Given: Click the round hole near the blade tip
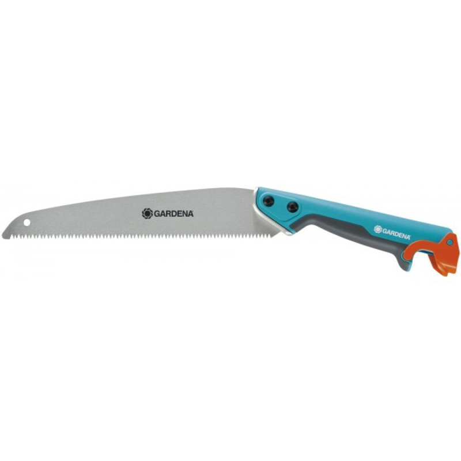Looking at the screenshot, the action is point(27,222).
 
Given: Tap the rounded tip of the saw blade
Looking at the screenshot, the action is point(3,235).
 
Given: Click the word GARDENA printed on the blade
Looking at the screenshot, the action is point(174,214).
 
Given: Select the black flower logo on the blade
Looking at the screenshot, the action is point(148,213).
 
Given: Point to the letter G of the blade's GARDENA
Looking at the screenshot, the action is point(157,214).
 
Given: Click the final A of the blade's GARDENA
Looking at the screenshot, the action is point(191,214).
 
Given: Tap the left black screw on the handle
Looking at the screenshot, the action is point(268,201).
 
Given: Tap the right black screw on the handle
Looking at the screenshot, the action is point(293,207).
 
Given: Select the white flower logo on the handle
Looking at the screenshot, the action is point(378,229).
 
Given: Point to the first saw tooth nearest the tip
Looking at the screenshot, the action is point(12,236).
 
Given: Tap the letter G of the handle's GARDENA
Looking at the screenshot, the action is point(384,230).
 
